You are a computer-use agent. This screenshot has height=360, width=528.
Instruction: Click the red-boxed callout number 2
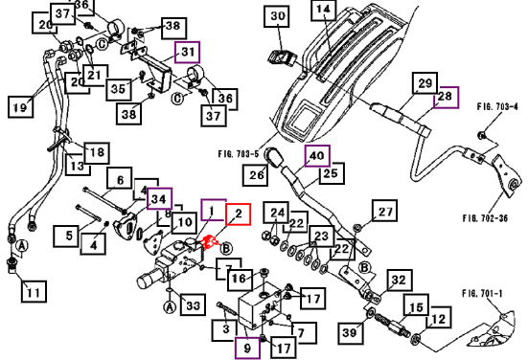[238, 214]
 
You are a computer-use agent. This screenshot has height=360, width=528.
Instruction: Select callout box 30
[278, 16]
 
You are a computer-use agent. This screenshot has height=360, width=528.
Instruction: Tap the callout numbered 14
[323, 10]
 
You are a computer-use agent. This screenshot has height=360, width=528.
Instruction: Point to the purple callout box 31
[188, 52]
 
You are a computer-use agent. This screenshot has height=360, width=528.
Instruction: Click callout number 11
[34, 291]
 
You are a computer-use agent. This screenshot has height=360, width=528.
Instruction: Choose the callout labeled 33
[193, 304]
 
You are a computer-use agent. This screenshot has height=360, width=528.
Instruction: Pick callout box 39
[351, 333]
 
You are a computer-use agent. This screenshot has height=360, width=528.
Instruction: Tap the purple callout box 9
[247, 349]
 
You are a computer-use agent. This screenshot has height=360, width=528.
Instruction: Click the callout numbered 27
[384, 211]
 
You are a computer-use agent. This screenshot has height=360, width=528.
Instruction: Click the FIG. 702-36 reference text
[485, 218]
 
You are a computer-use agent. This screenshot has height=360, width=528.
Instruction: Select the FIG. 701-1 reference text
[482, 294]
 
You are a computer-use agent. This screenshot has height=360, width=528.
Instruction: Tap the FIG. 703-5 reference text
[239, 154]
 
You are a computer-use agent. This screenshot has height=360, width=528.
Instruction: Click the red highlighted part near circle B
[209, 242]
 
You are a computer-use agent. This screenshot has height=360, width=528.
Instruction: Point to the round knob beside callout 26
[273, 157]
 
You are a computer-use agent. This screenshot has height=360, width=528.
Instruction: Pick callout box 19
[20, 107]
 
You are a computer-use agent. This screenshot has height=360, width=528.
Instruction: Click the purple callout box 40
[317, 156]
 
